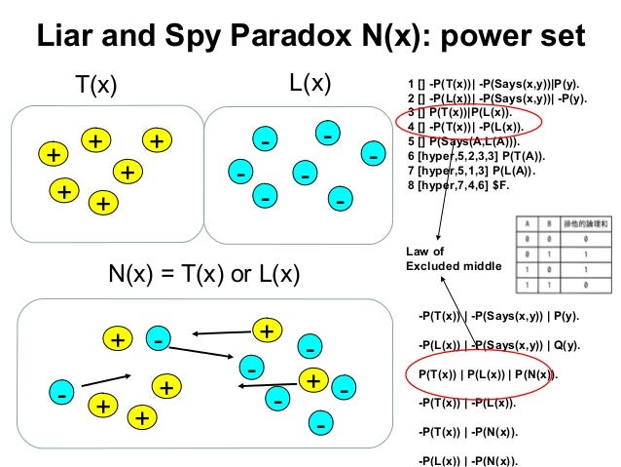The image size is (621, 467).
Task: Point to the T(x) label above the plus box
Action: point(96,86)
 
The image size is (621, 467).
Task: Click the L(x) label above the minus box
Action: point(312,84)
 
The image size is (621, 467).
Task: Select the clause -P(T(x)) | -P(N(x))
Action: point(466,431)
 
